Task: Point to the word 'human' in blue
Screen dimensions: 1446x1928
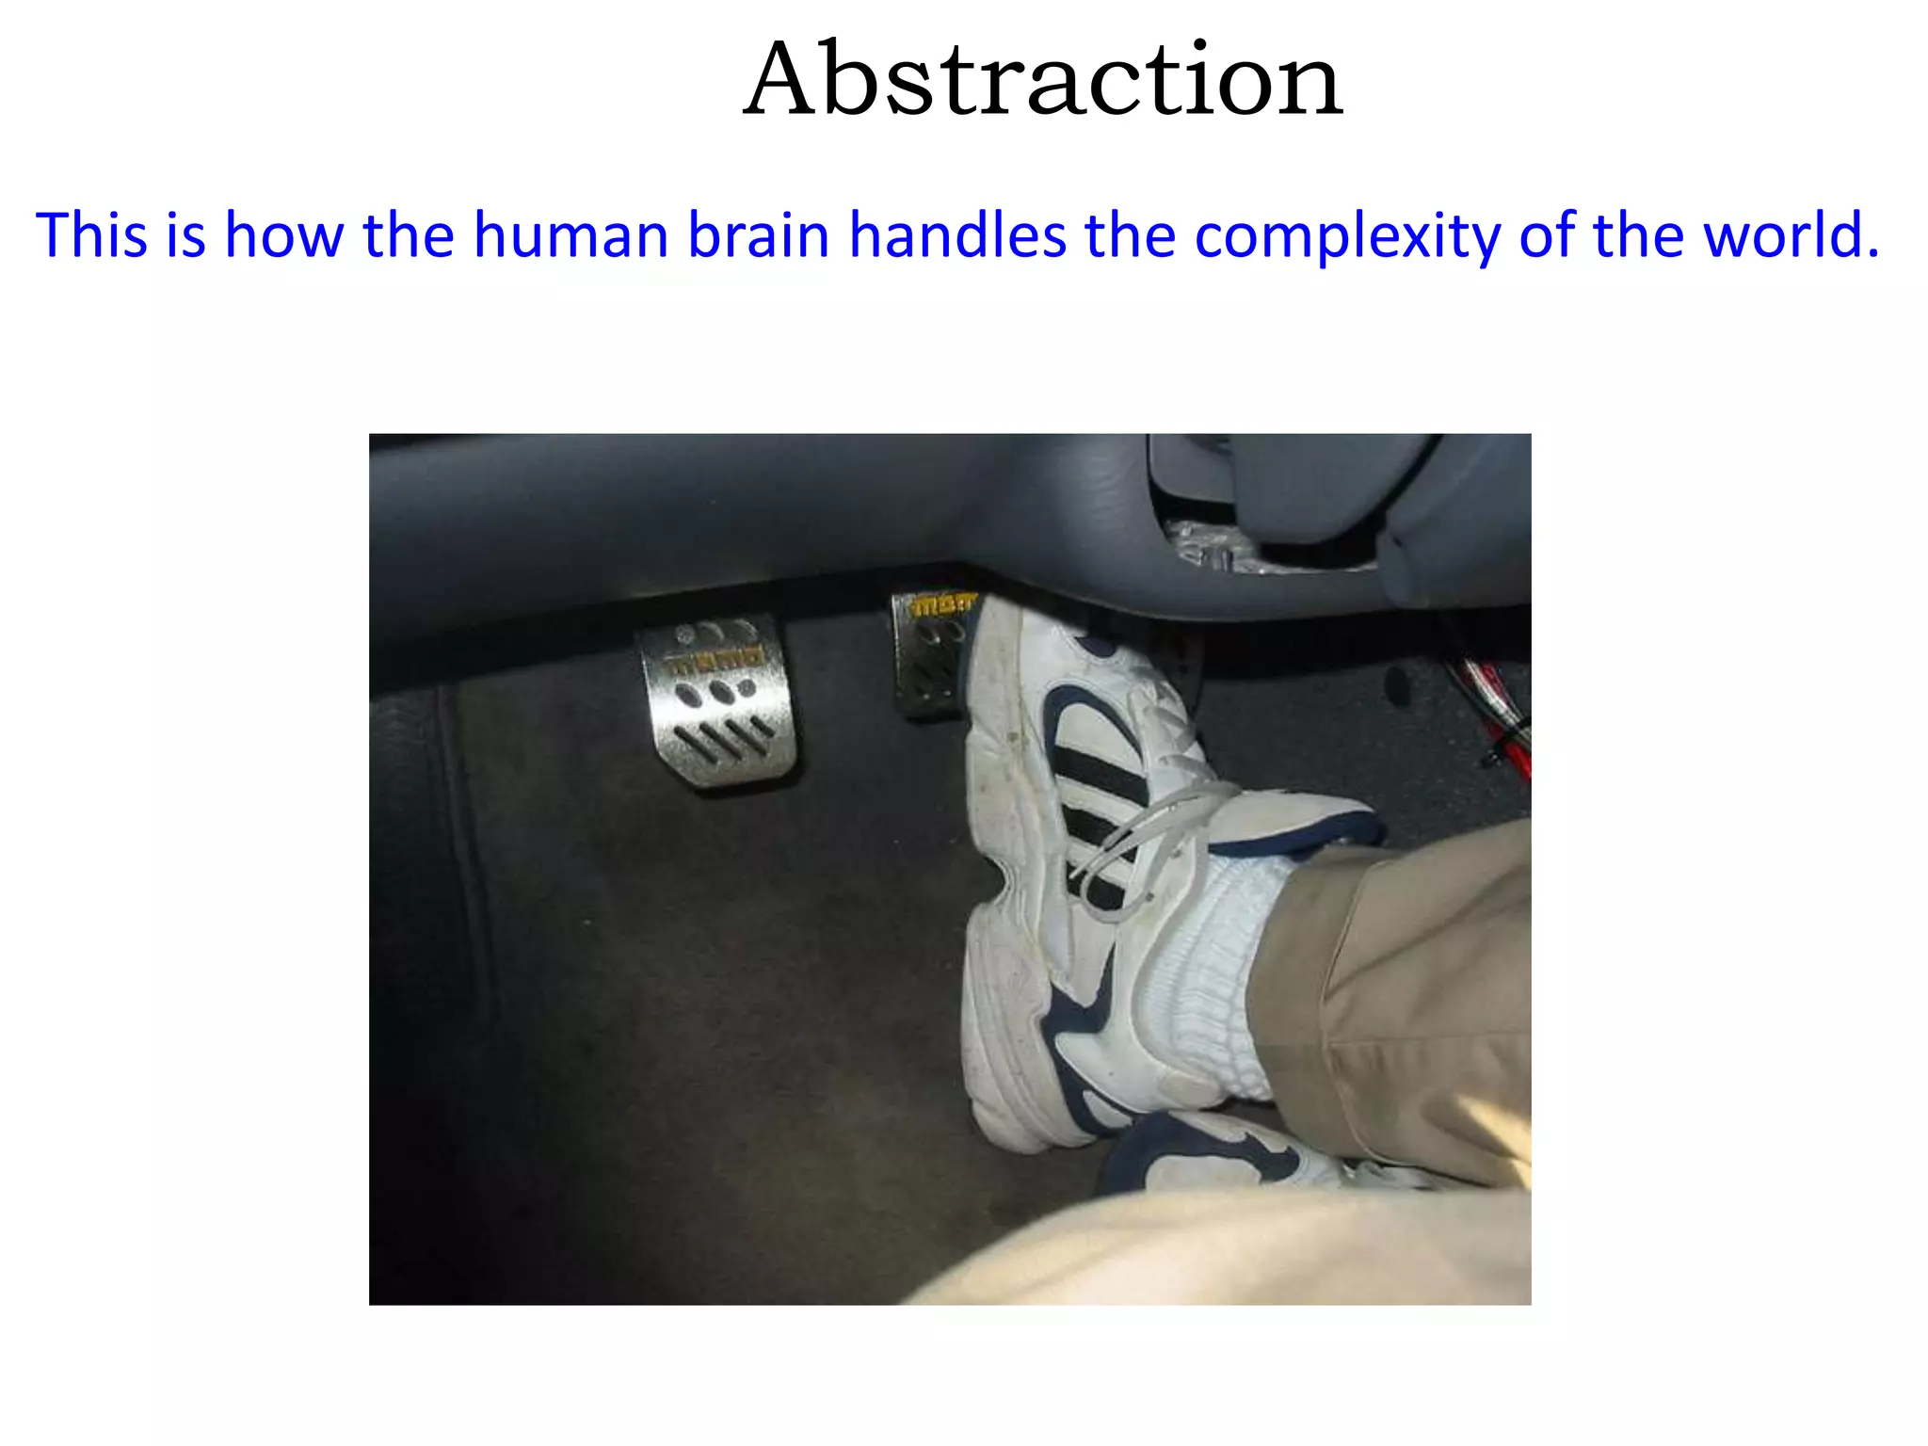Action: point(570,234)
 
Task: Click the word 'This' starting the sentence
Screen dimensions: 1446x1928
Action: point(91,234)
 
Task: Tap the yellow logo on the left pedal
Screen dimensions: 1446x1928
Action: point(717,660)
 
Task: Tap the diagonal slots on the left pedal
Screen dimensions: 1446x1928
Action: point(725,739)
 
